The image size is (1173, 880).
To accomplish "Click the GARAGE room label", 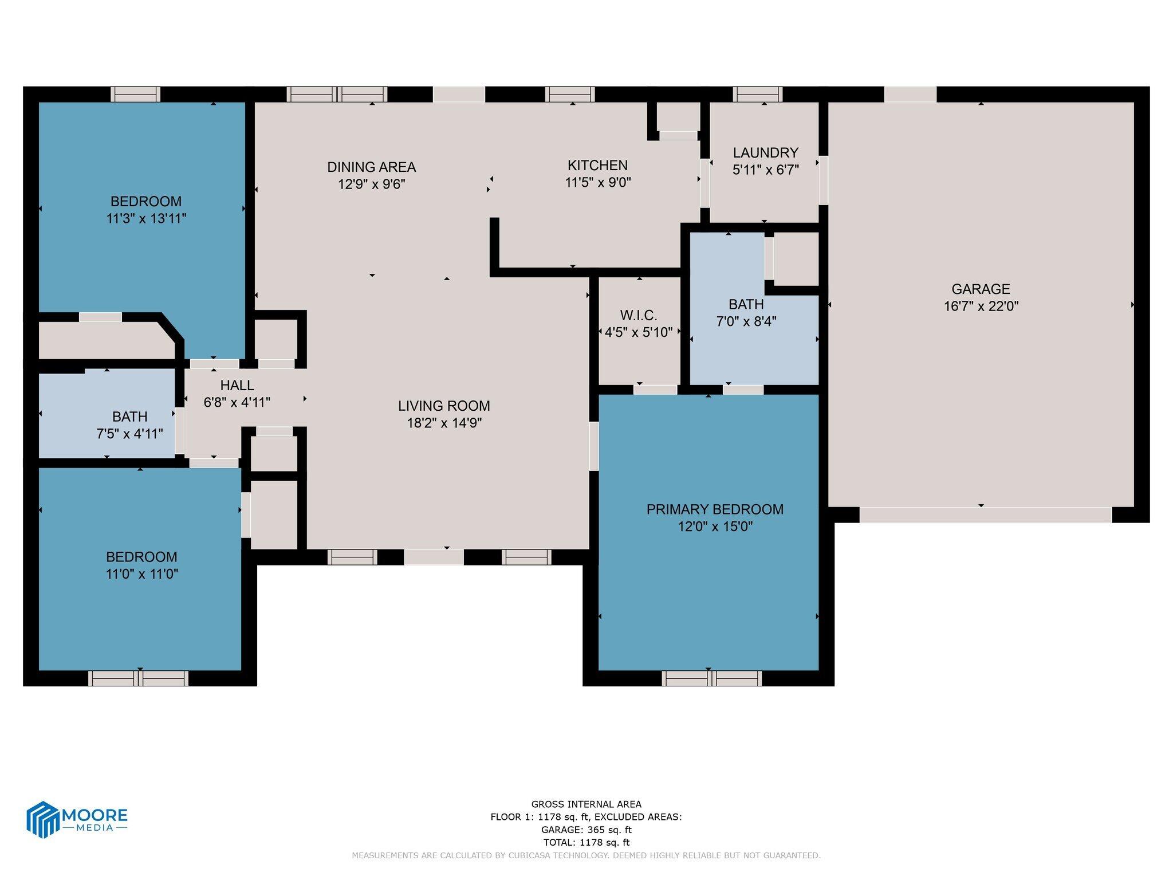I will click(x=981, y=289).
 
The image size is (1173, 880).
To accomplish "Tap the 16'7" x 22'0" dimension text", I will click(x=981, y=307).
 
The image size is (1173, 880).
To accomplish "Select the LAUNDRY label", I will click(x=765, y=153).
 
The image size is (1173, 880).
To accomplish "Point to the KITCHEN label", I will click(x=597, y=166).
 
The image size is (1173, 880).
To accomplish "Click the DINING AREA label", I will click(x=371, y=167).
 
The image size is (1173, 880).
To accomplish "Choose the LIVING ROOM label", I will click(x=444, y=406).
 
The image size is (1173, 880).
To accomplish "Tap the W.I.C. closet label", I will click(x=638, y=316).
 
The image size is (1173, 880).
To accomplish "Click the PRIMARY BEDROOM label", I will click(x=715, y=509).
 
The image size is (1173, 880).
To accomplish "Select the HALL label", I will click(x=237, y=386).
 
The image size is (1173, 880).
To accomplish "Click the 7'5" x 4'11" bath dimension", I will click(x=129, y=434).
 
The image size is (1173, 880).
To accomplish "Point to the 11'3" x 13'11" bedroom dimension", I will click(x=146, y=219).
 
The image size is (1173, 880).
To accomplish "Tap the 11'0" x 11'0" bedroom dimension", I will click(x=141, y=574).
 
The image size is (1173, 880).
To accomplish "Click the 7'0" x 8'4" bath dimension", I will click(x=746, y=321).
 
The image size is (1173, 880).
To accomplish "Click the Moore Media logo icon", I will click(x=44, y=819).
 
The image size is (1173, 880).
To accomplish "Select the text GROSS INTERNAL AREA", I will click(x=586, y=804).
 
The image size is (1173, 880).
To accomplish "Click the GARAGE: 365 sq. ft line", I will click(x=586, y=830).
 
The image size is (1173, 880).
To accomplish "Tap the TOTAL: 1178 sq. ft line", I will click(x=586, y=842).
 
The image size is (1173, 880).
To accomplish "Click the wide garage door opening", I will click(x=985, y=514).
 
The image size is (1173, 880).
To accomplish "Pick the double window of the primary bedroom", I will click(x=711, y=679).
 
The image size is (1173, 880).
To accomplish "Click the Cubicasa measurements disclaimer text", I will click(x=586, y=855).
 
